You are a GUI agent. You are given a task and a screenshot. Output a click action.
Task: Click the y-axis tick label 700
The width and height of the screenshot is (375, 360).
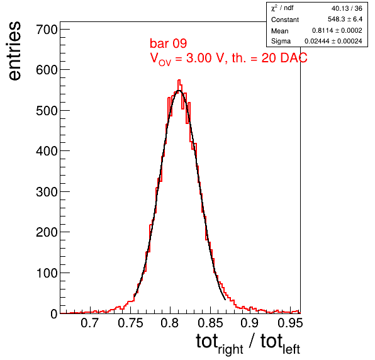click(x=47, y=30)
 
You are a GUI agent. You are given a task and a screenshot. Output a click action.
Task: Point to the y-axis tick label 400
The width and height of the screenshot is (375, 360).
click(x=47, y=151)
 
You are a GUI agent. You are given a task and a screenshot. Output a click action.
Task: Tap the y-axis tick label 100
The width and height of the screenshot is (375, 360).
click(x=47, y=273)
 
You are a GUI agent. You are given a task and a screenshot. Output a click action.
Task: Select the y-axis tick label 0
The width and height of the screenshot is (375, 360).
click(x=54, y=313)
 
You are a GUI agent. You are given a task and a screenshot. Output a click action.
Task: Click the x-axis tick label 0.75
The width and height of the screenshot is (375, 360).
click(x=130, y=323)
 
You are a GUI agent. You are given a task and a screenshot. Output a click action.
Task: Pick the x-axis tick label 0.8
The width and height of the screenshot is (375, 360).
click(x=169, y=323)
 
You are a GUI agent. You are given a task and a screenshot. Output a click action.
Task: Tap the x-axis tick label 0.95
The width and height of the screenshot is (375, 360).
click(x=290, y=323)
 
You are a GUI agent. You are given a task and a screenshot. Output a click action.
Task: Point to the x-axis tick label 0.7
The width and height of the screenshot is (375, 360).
click(x=90, y=323)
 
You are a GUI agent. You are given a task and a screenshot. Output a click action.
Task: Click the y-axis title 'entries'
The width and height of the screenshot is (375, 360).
click(x=15, y=51)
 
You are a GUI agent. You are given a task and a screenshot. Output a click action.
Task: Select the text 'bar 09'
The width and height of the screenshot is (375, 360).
click(x=168, y=43)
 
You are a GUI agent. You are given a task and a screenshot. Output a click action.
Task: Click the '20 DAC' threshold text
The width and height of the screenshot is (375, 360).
click(x=284, y=58)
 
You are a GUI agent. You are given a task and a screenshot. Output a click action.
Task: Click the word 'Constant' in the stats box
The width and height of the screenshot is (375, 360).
click(x=285, y=20)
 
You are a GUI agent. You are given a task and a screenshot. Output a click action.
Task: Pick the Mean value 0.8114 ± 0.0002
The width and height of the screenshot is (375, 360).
click(x=337, y=30)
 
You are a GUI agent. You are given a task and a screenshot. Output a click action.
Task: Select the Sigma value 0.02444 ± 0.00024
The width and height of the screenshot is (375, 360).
click(x=333, y=41)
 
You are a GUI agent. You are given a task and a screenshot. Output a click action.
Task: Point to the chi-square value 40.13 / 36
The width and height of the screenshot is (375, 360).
click(x=347, y=8)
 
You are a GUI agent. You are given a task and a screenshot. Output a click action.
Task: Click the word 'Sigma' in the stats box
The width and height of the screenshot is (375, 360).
click(x=281, y=41)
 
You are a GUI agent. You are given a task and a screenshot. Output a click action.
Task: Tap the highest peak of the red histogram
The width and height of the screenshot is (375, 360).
click(x=179, y=80)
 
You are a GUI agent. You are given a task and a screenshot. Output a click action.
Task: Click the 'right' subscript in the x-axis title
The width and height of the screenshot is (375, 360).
click(x=230, y=349)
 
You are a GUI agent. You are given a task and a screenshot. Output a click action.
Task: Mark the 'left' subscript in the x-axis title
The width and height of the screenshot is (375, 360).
click(x=291, y=348)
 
